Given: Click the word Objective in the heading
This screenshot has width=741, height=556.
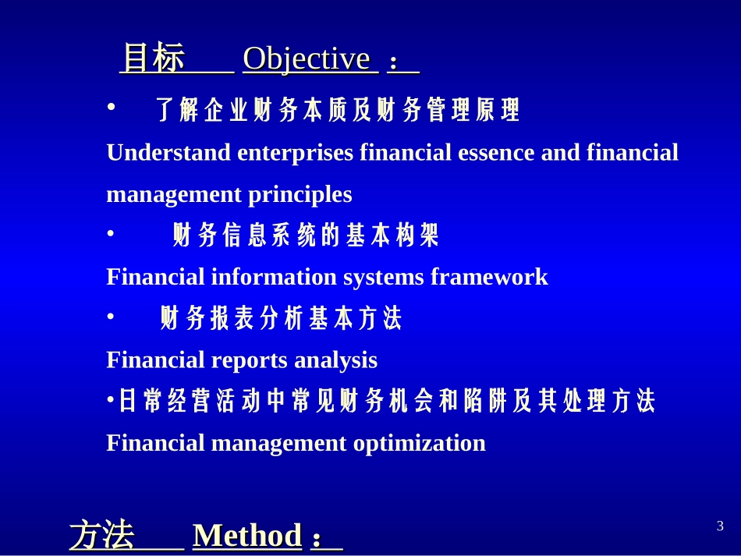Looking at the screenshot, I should click(x=306, y=59).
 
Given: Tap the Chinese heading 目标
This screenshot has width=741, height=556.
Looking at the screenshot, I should click(x=153, y=59).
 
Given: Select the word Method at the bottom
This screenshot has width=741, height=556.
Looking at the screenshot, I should click(x=246, y=536).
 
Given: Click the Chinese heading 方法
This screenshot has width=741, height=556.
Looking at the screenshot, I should click(x=101, y=536).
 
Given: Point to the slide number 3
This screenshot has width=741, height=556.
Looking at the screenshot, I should click(x=719, y=526).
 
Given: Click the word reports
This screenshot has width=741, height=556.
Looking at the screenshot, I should click(x=250, y=360).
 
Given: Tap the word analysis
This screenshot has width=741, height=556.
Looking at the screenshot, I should click(x=336, y=360).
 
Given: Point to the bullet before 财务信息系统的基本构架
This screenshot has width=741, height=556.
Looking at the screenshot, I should click(x=111, y=232).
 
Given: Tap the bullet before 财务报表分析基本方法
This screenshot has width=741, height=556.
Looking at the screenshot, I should click(x=111, y=316).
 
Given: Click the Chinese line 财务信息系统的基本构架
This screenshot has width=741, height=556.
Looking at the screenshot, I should click(x=306, y=235).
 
